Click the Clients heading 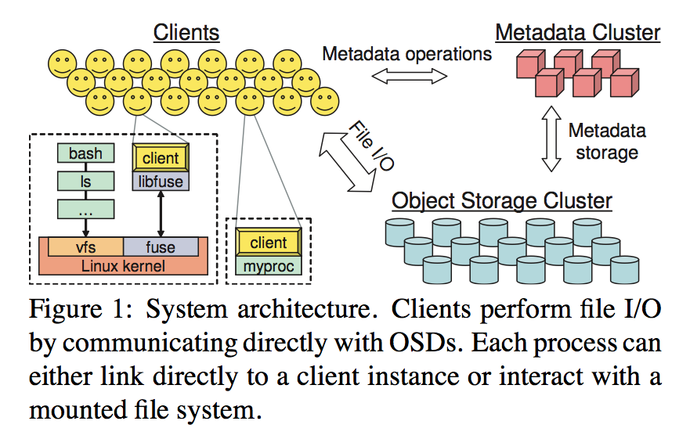(186, 32)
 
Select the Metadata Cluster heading (578, 33)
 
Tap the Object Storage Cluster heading (502, 200)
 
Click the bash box (85, 153)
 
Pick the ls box (85, 182)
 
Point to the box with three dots (85, 210)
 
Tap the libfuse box (161, 182)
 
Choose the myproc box (268, 266)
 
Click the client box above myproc (268, 243)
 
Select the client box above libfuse (161, 158)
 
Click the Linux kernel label (123, 266)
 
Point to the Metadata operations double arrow (408, 76)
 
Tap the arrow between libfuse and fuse (161, 213)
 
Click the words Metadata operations (407, 54)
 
